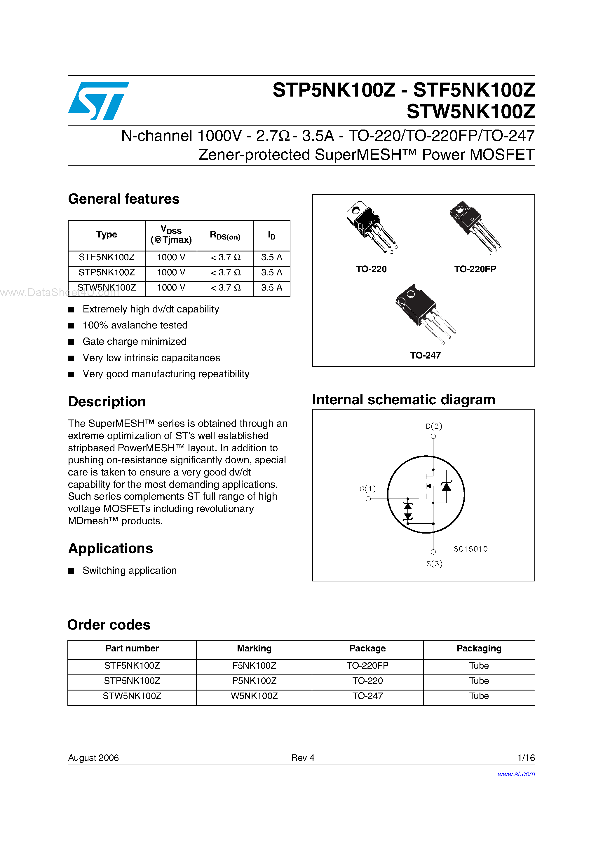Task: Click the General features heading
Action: click(123, 199)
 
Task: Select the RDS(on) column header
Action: click(225, 235)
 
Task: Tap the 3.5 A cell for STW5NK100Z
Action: click(271, 288)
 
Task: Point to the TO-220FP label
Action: click(475, 269)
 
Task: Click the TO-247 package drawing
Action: click(424, 312)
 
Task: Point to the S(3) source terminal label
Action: click(434, 563)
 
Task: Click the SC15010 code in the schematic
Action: click(470, 549)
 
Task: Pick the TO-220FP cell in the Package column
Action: click(367, 665)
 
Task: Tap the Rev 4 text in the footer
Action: click(303, 758)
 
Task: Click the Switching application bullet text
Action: click(129, 570)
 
